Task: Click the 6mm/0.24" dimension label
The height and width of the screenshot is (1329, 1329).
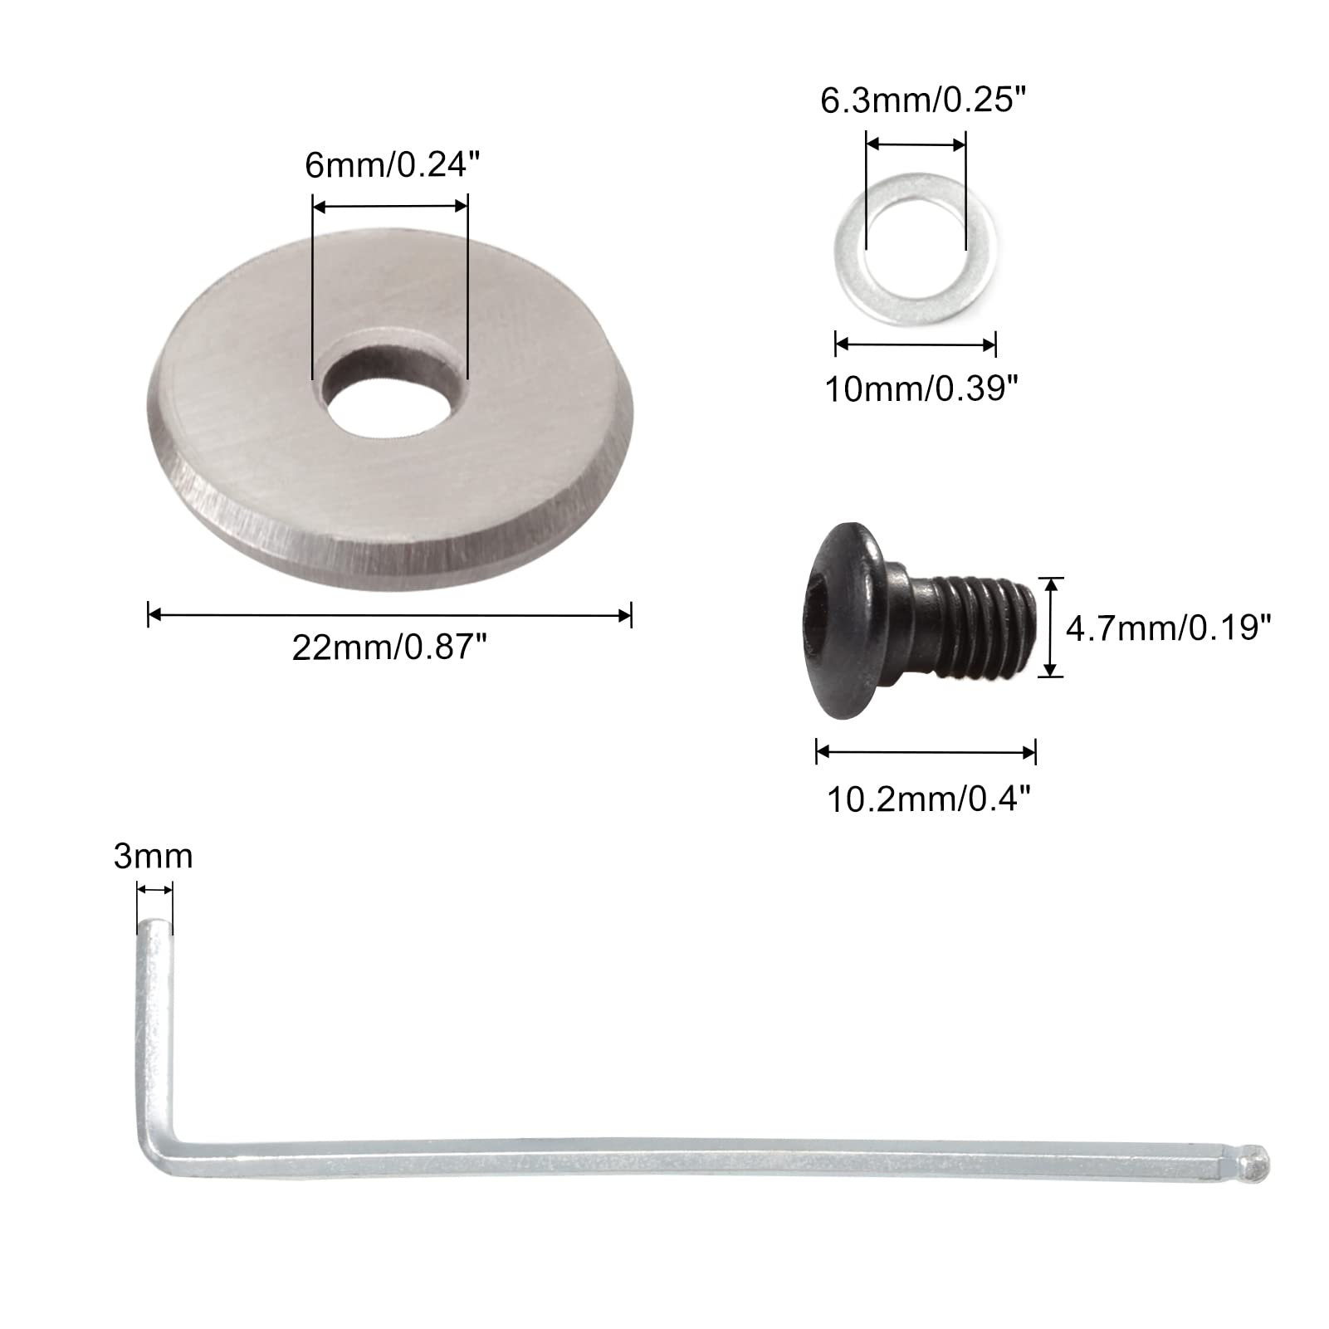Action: coord(393,165)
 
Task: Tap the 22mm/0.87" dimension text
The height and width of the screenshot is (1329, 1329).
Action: coord(388,647)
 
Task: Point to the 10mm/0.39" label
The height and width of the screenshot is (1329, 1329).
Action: coord(921,388)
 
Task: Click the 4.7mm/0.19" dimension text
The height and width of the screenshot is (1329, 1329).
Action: coord(1169,628)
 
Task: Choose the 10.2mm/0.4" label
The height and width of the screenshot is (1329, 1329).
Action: coord(929,799)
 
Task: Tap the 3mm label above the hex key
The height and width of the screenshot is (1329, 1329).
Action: coord(154,856)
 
